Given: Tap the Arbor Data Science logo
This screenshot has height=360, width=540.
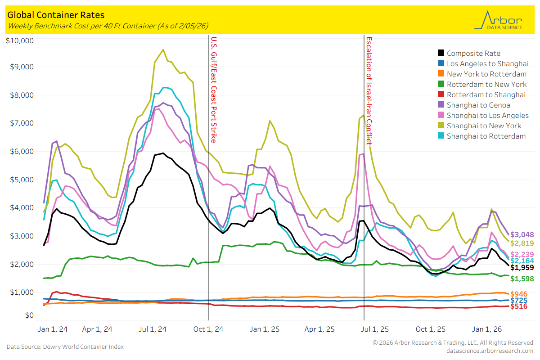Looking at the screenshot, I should [x=498, y=21].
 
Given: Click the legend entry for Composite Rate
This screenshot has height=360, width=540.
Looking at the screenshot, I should [x=473, y=53].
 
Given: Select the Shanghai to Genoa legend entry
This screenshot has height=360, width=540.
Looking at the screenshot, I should [x=478, y=105].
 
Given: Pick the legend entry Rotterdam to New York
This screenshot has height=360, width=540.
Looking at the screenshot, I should [x=486, y=84].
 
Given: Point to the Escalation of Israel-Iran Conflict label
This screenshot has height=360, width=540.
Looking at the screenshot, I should [x=369, y=90].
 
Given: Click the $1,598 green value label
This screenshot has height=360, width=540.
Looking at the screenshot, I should [x=522, y=279].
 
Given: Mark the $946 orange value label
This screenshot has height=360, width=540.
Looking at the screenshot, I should [x=520, y=294].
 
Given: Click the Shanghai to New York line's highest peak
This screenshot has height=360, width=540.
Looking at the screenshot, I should [x=163, y=49].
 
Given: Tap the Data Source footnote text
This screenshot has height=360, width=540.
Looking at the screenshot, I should [x=65, y=346].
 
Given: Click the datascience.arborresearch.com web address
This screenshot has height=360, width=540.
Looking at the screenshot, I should [x=490, y=351].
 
